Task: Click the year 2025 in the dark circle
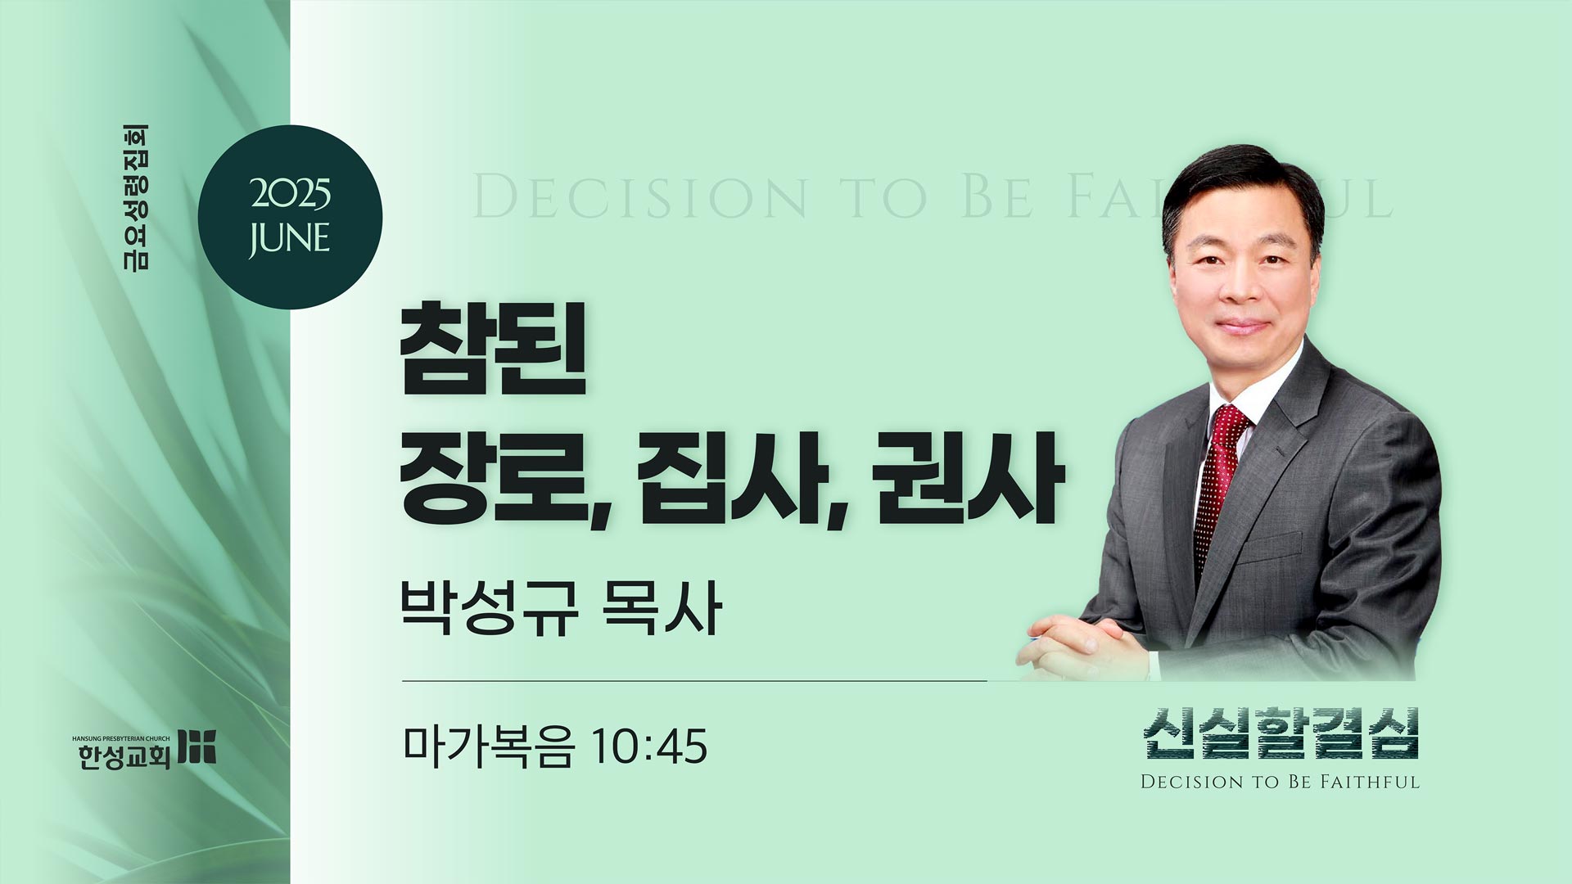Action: [291, 195]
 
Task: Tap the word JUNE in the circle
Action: [290, 239]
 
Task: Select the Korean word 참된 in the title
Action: [493, 350]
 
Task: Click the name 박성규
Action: [489, 607]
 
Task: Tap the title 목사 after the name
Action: [662, 607]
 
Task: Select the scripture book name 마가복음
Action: [488, 746]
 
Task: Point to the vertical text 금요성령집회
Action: [136, 197]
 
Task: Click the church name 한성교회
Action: [124, 756]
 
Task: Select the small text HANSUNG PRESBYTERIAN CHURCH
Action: [121, 738]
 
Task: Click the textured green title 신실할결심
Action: [1281, 733]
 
